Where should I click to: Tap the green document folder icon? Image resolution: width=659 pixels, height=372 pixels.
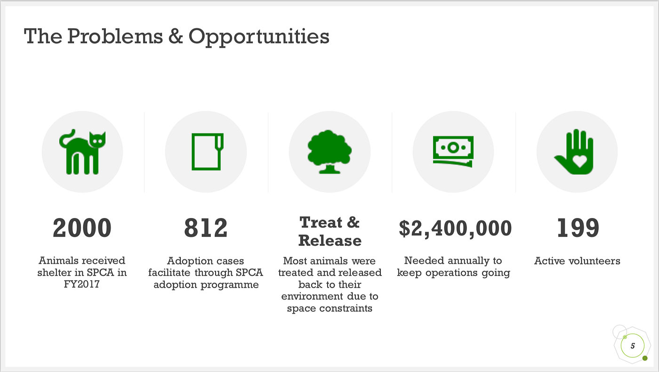[206, 152]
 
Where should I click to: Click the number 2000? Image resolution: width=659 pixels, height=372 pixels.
[82, 228]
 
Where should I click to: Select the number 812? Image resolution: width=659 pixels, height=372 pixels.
[206, 228]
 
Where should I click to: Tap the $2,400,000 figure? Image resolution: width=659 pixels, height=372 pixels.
[455, 228]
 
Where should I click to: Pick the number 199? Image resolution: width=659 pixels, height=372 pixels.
[578, 228]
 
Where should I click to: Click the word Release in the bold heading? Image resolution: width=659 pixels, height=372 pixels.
[329, 241]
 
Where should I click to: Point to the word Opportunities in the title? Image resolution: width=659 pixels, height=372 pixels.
[259, 37]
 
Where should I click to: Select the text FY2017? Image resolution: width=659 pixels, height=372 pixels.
[82, 284]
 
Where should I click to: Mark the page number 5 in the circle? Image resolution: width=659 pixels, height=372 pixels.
[633, 346]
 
